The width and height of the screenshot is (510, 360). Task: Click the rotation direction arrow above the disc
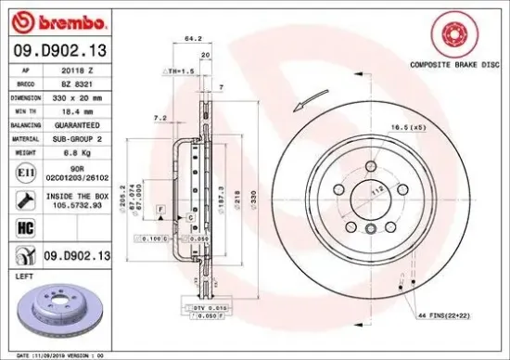pos(316,96)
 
